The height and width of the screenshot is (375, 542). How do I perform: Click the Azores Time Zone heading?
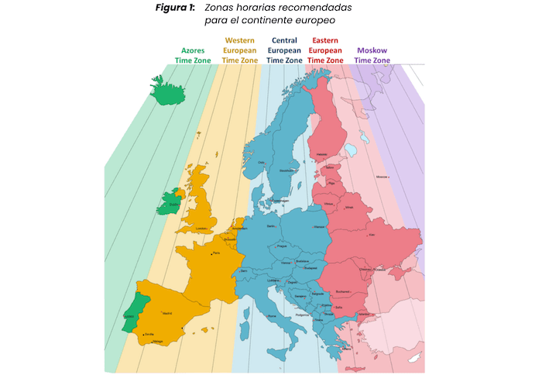pyautogui.click(x=193, y=54)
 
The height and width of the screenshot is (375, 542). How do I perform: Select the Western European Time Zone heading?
pyautogui.click(x=241, y=50)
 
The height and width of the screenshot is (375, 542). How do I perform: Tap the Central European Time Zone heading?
pyautogui.click(x=284, y=50)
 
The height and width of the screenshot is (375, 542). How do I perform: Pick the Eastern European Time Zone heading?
pyautogui.click(x=327, y=50)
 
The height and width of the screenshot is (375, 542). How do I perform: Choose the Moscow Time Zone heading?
pyautogui.click(x=372, y=54)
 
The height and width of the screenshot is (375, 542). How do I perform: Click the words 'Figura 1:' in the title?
pyautogui.click(x=176, y=8)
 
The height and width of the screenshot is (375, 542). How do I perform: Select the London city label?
pyautogui.click(x=204, y=229)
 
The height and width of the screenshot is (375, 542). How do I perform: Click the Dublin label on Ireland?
pyautogui.click(x=174, y=205)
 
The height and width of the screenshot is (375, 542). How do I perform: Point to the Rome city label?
pyautogui.click(x=271, y=316)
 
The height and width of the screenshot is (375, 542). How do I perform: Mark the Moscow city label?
pyautogui.click(x=381, y=177)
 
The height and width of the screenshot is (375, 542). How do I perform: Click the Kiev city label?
pyautogui.click(x=372, y=235)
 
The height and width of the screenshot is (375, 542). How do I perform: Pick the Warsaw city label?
pyautogui.click(x=318, y=227)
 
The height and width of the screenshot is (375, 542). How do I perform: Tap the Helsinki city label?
pyautogui.click(x=321, y=154)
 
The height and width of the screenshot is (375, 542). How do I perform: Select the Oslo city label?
pyautogui.click(x=262, y=162)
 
